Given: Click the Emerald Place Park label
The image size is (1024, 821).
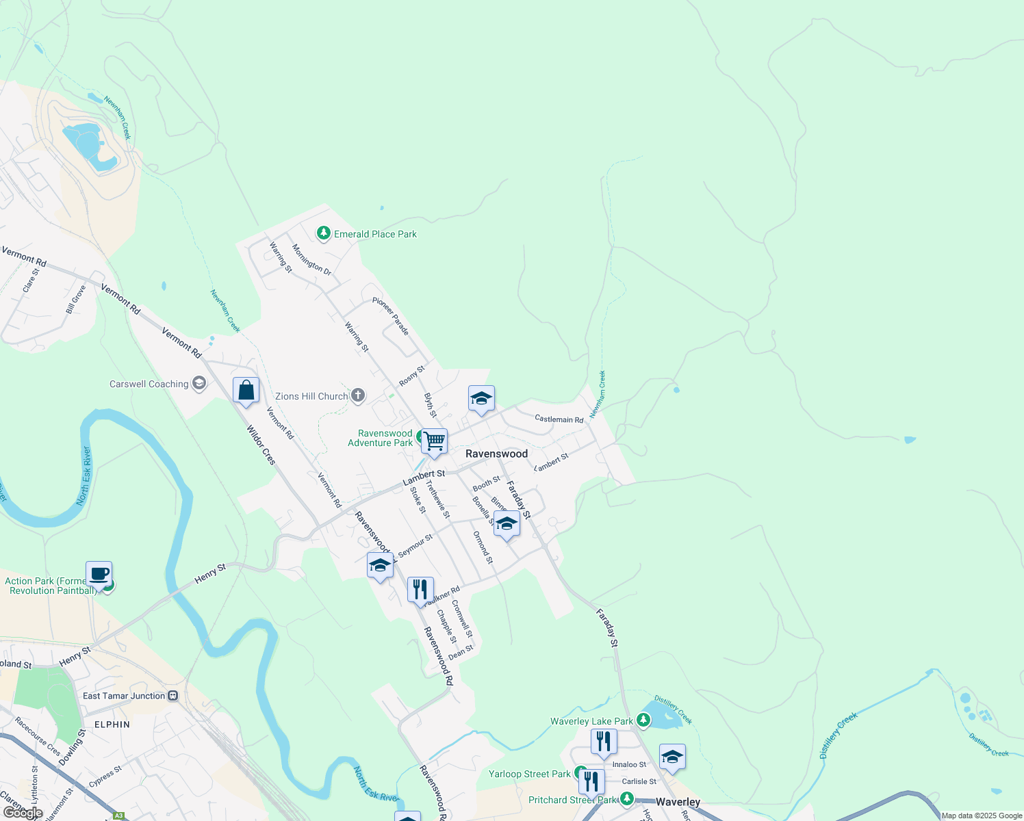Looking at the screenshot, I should click(375, 234).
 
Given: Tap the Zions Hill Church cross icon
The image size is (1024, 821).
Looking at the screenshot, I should click(358, 395).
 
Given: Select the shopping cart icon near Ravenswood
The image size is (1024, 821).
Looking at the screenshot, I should click(434, 441).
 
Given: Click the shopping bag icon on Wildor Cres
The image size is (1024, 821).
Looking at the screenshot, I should click(246, 391).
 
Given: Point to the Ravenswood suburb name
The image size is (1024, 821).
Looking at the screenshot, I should click(496, 454).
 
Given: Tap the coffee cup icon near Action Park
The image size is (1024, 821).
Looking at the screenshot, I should click(99, 574).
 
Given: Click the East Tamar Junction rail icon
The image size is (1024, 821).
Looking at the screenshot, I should click(173, 696).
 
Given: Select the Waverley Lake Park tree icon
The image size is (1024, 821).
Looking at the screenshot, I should click(643, 720).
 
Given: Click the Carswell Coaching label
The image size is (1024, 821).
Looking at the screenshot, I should click(149, 384).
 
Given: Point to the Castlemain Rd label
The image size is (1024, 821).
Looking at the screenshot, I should click(559, 419).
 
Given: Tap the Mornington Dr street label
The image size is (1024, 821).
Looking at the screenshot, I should click(311, 260).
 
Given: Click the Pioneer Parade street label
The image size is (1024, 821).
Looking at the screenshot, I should click(391, 316).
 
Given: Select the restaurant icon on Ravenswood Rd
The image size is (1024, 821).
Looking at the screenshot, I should click(420, 590).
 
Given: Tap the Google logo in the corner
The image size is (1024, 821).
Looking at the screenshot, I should click(23, 812).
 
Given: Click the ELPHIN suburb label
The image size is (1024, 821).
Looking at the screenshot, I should click(112, 725).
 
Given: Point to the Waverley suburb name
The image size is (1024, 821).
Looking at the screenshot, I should click(678, 802).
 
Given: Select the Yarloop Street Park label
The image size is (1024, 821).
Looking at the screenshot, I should click(529, 774).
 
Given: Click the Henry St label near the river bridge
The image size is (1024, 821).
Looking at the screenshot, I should click(209, 574).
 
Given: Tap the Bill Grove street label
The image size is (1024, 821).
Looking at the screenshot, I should click(75, 300).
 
